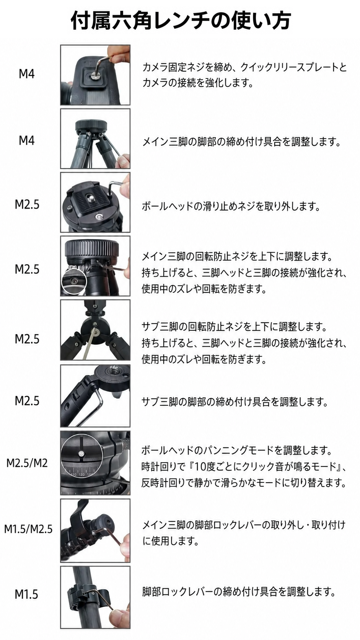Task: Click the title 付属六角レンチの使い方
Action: (x=181, y=21)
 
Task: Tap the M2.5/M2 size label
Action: (x=27, y=463)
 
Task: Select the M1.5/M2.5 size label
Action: (x=28, y=529)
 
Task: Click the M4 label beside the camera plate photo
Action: (x=26, y=74)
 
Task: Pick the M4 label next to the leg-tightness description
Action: (x=26, y=140)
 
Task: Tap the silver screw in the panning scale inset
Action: (x=81, y=454)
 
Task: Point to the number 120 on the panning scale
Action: (x=81, y=475)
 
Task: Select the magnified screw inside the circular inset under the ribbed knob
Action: (x=74, y=281)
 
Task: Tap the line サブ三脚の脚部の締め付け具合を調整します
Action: (x=235, y=402)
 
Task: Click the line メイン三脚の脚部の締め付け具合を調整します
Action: (x=241, y=141)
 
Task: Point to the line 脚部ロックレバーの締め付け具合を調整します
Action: (x=239, y=592)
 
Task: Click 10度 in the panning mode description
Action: (x=206, y=467)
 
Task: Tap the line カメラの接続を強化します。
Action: (x=197, y=83)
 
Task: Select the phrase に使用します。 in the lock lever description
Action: (x=171, y=541)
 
